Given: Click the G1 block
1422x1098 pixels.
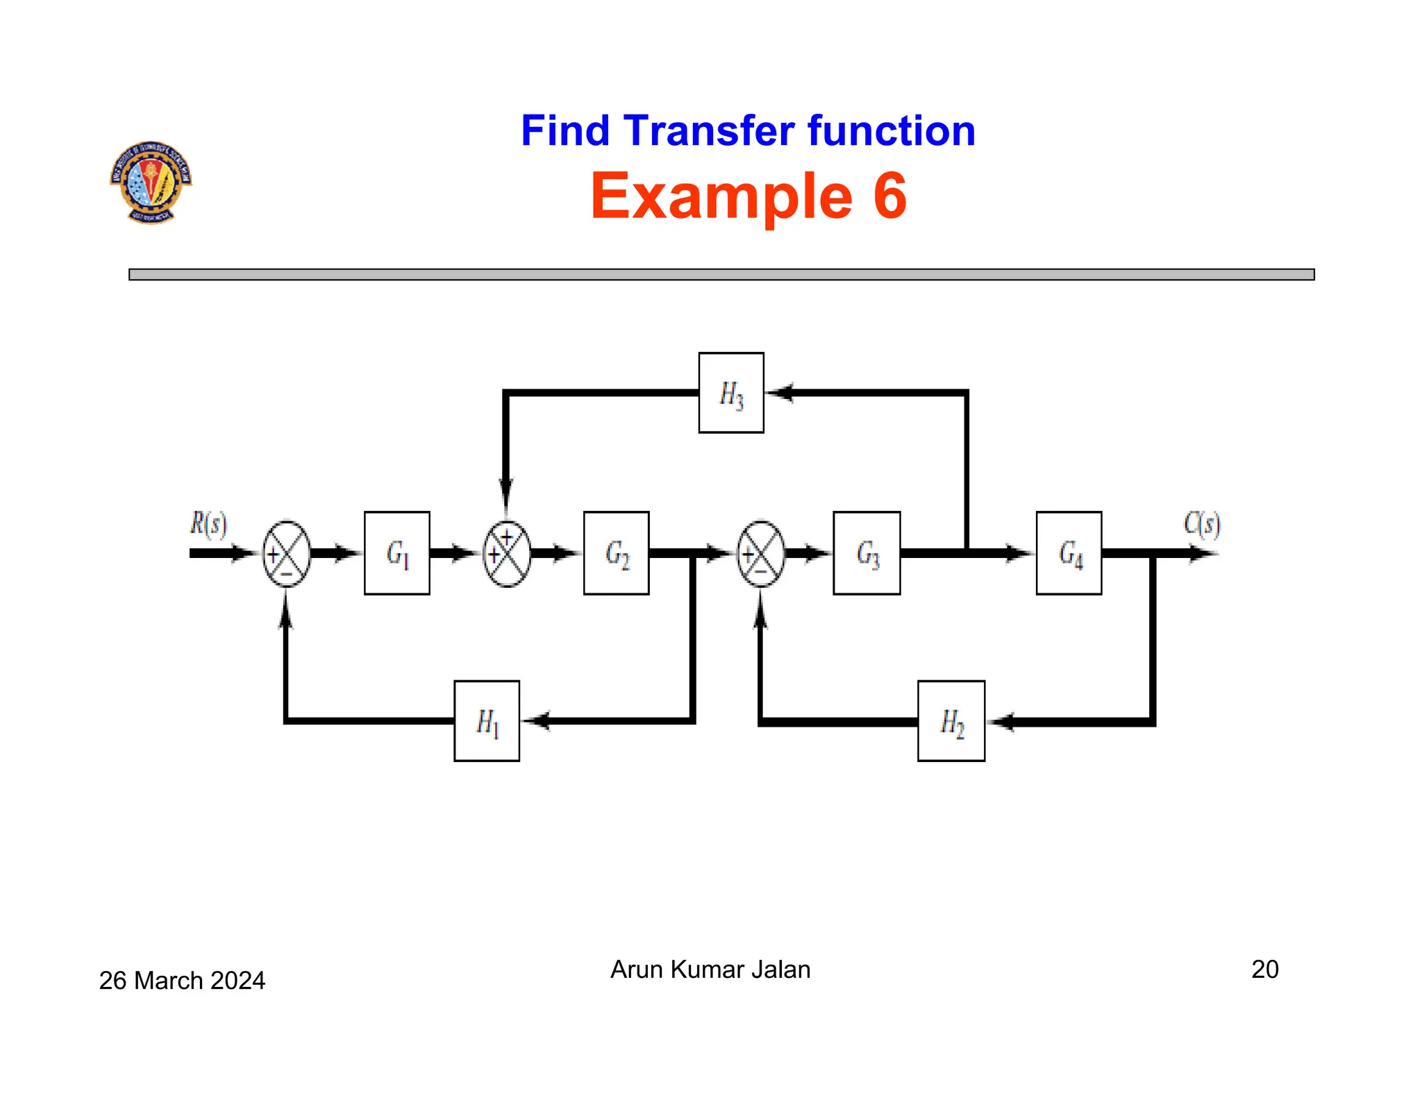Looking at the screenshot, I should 396,553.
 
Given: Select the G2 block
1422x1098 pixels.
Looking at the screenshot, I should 616,553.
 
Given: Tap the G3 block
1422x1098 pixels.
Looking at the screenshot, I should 867,553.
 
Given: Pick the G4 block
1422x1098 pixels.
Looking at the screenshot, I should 1069,553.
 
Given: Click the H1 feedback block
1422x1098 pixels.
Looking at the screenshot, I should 487,721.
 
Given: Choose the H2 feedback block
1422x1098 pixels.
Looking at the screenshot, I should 951,721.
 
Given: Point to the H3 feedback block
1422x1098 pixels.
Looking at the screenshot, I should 731,393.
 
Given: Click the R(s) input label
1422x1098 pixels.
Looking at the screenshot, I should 208,524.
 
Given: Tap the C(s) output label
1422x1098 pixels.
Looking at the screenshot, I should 1202,524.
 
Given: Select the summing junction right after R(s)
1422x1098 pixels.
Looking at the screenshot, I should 286,553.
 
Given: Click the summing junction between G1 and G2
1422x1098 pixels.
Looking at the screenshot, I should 507,553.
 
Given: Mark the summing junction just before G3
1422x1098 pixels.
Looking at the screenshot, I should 761,553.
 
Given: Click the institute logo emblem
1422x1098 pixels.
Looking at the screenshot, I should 151,181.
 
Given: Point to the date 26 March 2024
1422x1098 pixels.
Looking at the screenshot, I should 182,980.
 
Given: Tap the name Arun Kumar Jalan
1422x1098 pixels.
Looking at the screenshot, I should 710,969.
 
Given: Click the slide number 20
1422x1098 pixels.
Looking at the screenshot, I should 1264,969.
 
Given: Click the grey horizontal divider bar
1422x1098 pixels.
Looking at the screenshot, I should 721,275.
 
